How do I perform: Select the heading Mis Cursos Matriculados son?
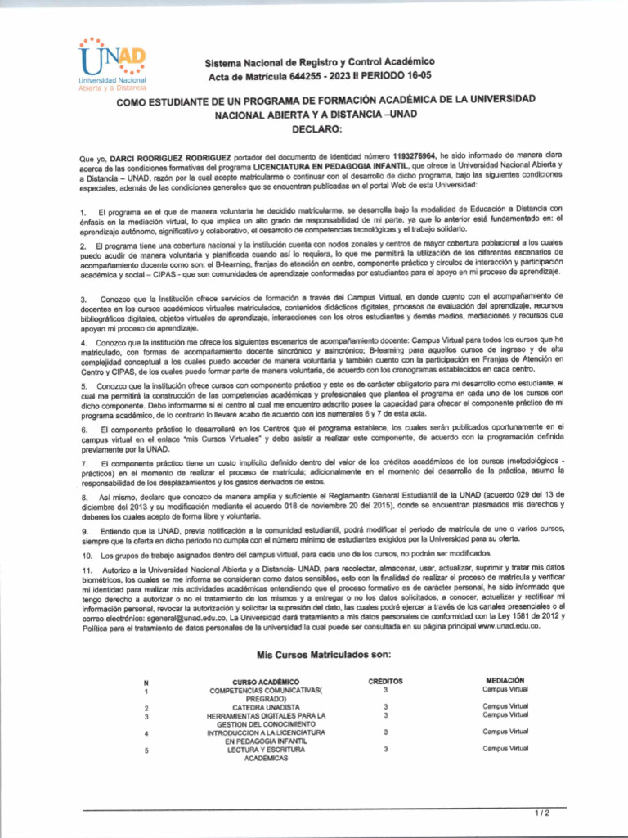[324, 654]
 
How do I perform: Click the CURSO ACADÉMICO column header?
[266, 682]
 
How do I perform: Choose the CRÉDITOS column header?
[385, 681]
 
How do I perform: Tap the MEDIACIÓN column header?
[505, 680]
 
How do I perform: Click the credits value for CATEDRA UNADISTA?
[385, 706]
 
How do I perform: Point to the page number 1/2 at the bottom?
[541, 813]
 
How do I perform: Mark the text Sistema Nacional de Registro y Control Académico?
[320, 62]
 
